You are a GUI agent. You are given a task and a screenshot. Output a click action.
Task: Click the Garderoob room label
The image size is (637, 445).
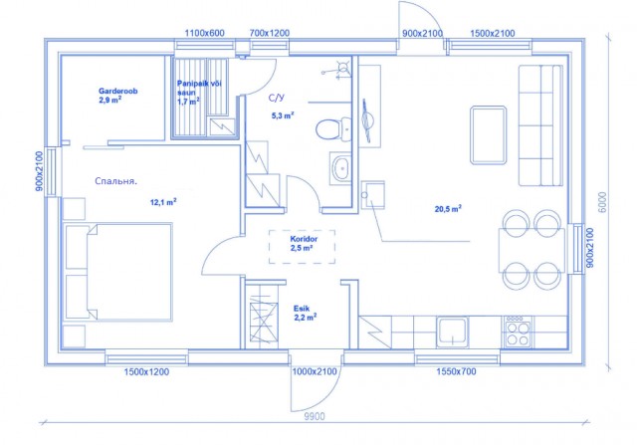coord(117,91)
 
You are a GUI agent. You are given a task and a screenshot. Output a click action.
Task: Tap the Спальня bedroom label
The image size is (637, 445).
coord(115,181)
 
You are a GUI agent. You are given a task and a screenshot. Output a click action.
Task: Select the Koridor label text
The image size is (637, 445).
coord(304,239)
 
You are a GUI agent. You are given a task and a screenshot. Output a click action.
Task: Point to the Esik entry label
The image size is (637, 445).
coord(302,309)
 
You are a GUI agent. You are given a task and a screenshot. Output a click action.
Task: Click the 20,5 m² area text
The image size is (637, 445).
coord(448,209)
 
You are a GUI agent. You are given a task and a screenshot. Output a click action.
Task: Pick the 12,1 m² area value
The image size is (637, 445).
coord(163,201)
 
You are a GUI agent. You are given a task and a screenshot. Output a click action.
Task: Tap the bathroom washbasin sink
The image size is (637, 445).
coord(340,168)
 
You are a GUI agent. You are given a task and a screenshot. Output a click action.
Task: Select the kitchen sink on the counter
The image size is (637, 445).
coord(452,333)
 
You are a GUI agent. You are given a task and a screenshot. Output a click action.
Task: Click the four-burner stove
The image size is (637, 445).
coord(518,333)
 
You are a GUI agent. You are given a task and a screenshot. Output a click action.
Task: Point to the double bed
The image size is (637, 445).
coord(118,272)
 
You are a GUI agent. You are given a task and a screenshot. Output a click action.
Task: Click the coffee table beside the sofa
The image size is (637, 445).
coord(489,135)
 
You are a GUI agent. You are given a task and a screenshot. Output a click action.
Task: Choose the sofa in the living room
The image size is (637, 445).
coord(540,125)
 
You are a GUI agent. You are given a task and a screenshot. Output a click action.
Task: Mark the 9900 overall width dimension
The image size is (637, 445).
coord(315,416)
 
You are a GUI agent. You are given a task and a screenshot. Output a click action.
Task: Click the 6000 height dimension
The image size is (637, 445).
coord(603,202)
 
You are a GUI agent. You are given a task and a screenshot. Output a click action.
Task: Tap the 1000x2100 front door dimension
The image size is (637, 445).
coord(315,371)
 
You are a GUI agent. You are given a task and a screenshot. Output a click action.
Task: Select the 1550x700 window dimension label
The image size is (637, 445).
coord(456,371)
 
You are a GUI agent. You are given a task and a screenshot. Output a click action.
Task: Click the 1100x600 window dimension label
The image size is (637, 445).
coord(204,33)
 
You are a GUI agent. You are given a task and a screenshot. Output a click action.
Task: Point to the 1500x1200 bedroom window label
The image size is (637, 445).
coord(146,371)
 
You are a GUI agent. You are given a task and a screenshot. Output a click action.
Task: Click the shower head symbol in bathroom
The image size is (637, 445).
coord(343,67)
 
